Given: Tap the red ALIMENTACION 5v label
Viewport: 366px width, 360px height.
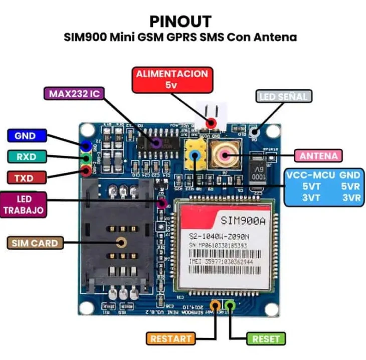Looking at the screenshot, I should pyautogui.click(x=172, y=79).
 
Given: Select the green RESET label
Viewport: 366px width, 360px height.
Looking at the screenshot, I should pyautogui.click(x=266, y=338).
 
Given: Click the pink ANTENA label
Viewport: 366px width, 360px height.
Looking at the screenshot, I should pyautogui.click(x=319, y=155).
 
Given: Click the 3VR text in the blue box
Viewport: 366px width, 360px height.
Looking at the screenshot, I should pyautogui.click(x=350, y=198).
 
